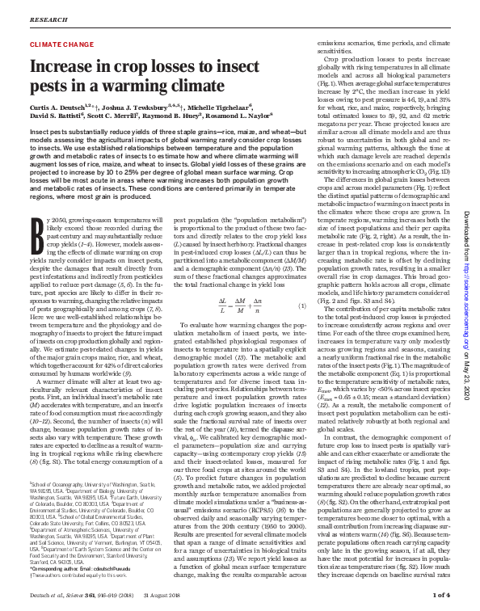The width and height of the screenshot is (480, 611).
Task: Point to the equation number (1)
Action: pyautogui.click(x=301, y=305)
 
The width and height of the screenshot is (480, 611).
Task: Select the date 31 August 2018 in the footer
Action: pyautogui.click(x=171, y=597)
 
